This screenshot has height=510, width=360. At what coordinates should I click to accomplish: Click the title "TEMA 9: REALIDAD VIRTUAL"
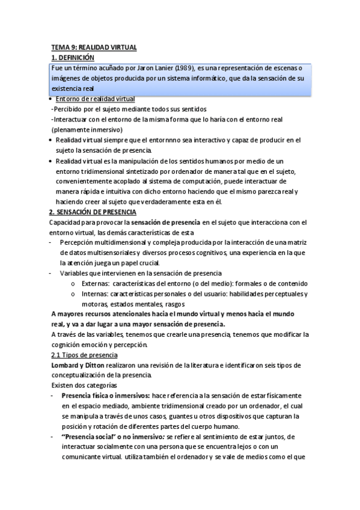click(93, 46)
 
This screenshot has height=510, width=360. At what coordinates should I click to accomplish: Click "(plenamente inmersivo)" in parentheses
click(87, 129)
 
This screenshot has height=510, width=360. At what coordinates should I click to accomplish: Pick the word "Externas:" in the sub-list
click(96, 283)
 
